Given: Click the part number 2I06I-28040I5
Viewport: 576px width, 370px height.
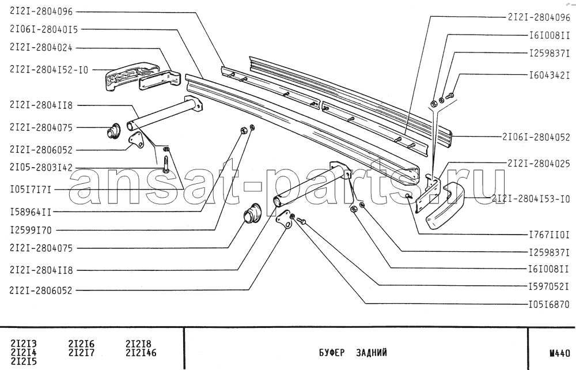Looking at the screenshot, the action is [x=44, y=29].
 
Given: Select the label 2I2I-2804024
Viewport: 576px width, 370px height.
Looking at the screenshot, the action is [x=41, y=48].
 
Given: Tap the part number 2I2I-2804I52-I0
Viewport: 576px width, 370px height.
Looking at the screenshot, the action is [x=49, y=70].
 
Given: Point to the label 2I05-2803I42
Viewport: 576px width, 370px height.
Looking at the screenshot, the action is [x=41, y=167].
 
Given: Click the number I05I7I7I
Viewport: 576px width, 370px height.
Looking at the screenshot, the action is [x=31, y=190].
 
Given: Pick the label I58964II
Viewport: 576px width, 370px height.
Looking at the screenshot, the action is [x=31, y=212].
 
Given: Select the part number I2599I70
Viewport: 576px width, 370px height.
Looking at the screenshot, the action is [x=31, y=231].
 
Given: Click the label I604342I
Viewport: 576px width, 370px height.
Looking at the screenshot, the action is [x=549, y=75].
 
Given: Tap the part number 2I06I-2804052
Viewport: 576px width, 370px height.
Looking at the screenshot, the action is [x=536, y=137].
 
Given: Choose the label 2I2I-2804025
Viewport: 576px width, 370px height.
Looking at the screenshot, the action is [x=539, y=164].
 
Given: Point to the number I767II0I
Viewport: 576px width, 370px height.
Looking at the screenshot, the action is [x=549, y=235].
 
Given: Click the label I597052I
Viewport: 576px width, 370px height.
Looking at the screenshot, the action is [x=549, y=286].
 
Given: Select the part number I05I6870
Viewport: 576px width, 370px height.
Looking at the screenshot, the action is [x=549, y=305].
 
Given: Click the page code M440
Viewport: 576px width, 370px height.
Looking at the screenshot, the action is [x=560, y=353].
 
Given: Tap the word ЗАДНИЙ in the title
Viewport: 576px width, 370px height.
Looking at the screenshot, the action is [x=372, y=353].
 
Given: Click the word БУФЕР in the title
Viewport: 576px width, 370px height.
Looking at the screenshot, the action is [x=332, y=353].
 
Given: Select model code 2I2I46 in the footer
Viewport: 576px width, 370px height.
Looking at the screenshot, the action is [x=141, y=353].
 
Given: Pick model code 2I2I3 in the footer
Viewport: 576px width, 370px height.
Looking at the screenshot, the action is [x=24, y=344].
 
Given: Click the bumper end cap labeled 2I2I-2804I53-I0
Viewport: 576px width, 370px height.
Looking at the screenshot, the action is [x=445, y=206].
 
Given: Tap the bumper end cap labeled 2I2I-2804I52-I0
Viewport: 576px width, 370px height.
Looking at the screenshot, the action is [x=131, y=77].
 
